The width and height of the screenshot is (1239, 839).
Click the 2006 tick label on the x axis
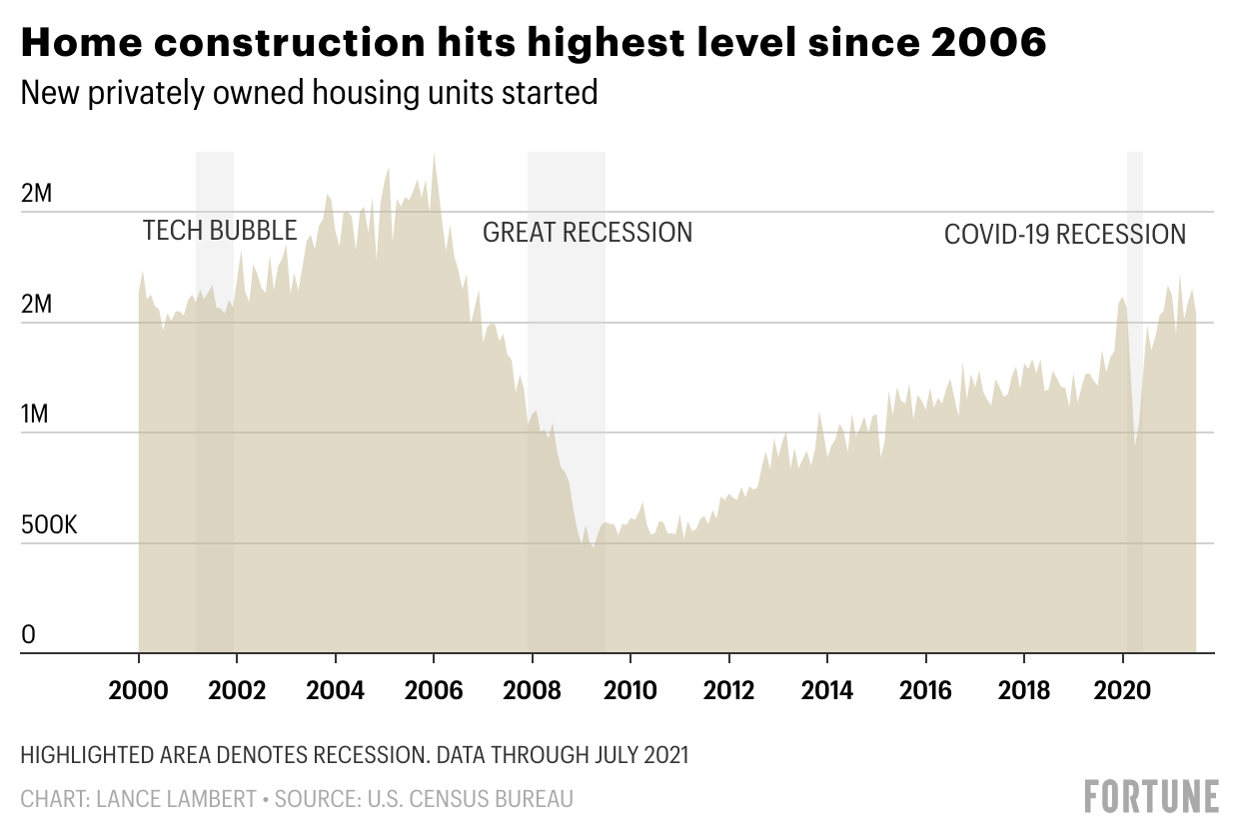pyautogui.click(x=434, y=690)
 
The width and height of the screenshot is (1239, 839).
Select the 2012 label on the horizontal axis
pyautogui.click(x=729, y=690)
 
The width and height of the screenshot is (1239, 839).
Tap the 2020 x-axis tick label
pyautogui.click(x=1123, y=690)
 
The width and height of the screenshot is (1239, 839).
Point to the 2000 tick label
pyautogui.click(x=138, y=690)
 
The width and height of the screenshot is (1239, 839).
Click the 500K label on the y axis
pyautogui.click(x=49, y=525)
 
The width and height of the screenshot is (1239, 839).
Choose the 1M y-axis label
pyautogui.click(x=35, y=415)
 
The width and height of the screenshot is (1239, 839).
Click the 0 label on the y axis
pyautogui.click(x=28, y=635)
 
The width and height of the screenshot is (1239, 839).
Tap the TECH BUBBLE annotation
pyautogui.click(x=220, y=231)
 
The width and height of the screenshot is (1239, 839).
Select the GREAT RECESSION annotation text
pyautogui.click(x=588, y=233)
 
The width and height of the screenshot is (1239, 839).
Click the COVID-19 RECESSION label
pyautogui.click(x=1065, y=235)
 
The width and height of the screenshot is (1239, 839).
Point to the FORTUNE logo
pyautogui.click(x=1151, y=796)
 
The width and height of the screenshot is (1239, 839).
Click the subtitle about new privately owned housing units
pyautogui.click(x=309, y=93)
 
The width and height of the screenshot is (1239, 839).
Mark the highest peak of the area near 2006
pyautogui.click(x=434, y=154)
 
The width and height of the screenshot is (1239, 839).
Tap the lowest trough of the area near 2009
pyautogui.click(x=593, y=546)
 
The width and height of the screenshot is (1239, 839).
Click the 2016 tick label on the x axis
pyautogui.click(x=926, y=690)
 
